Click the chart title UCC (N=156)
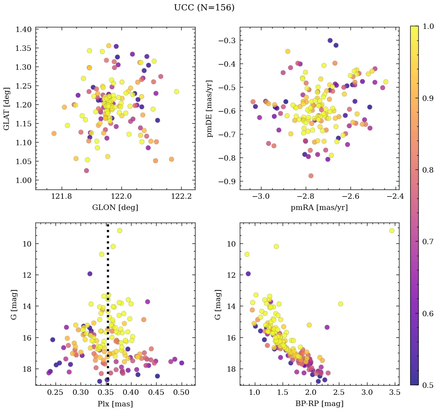click(x=204, y=8)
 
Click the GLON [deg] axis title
click(x=115, y=208)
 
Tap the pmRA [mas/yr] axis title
click(x=319, y=208)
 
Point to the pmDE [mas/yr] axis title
click(x=210, y=108)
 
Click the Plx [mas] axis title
click(x=115, y=404)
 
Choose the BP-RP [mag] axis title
click(x=319, y=404)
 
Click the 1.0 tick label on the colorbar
click(x=427, y=26)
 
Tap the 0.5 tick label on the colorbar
click(x=427, y=385)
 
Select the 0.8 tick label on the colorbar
click(x=427, y=170)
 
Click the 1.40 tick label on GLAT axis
click(x=25, y=29)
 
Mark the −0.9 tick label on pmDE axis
click(x=227, y=181)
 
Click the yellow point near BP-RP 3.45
click(x=392, y=231)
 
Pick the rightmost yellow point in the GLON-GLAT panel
click(x=177, y=92)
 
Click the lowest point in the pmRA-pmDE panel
click(x=311, y=176)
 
